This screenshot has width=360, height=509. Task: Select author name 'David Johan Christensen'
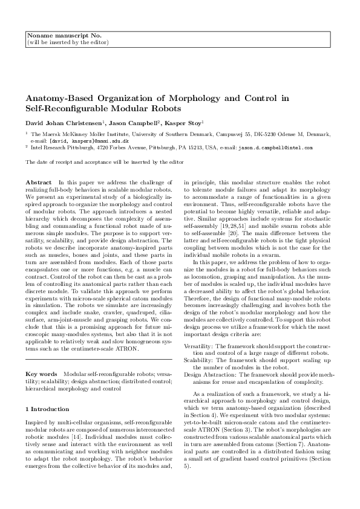(x=65, y=123)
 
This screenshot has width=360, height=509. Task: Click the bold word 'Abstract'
(x=39, y=182)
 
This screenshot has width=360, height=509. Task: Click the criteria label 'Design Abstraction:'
(x=208, y=374)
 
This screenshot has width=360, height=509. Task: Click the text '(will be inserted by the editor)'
(x=68, y=43)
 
